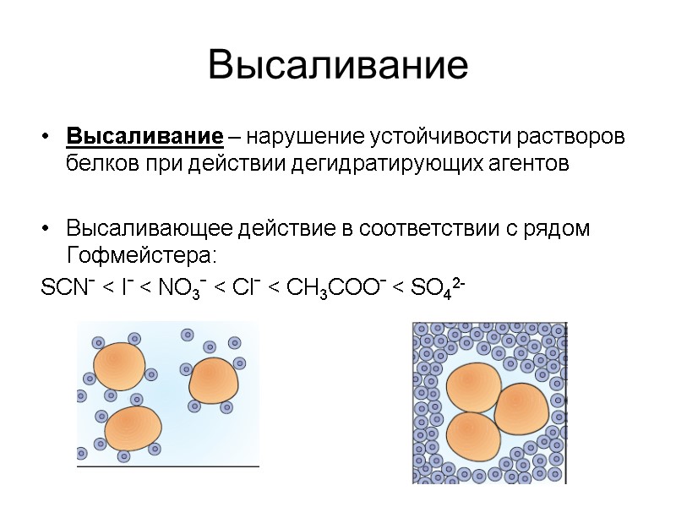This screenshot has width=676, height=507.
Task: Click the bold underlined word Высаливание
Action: (144, 137)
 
